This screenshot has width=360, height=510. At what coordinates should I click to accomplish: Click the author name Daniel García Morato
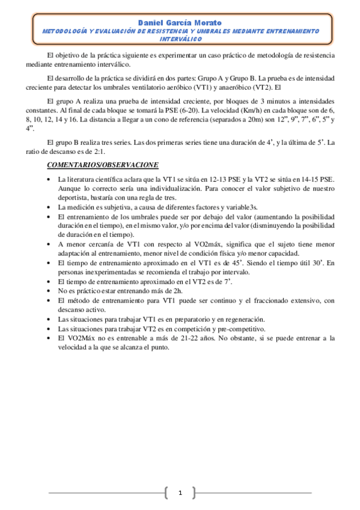(x=180, y=22)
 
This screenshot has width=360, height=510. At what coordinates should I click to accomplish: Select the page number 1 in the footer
(x=180, y=494)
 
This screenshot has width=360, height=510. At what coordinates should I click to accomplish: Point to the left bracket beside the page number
(x=166, y=494)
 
